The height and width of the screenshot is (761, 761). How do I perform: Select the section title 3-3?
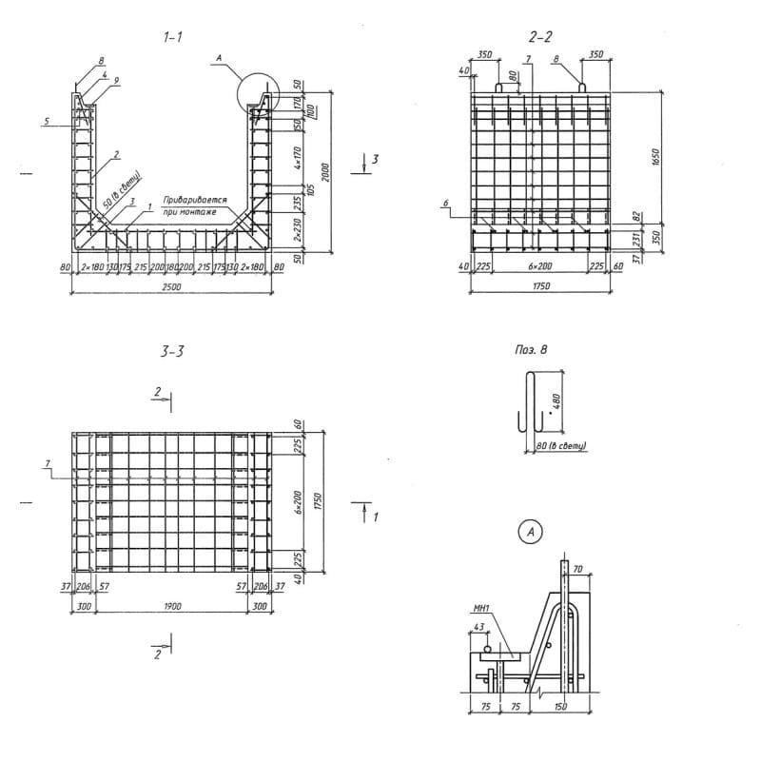[172, 351]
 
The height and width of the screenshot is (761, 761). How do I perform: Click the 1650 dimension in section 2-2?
[656, 159]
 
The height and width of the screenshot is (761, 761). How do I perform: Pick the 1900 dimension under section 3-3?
[172, 605]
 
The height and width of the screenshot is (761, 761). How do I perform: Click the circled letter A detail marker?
[529, 533]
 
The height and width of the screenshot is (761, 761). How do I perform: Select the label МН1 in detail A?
[480, 606]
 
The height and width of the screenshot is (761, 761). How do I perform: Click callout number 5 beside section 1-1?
[45, 121]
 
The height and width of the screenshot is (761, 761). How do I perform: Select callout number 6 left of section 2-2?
[445, 203]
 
